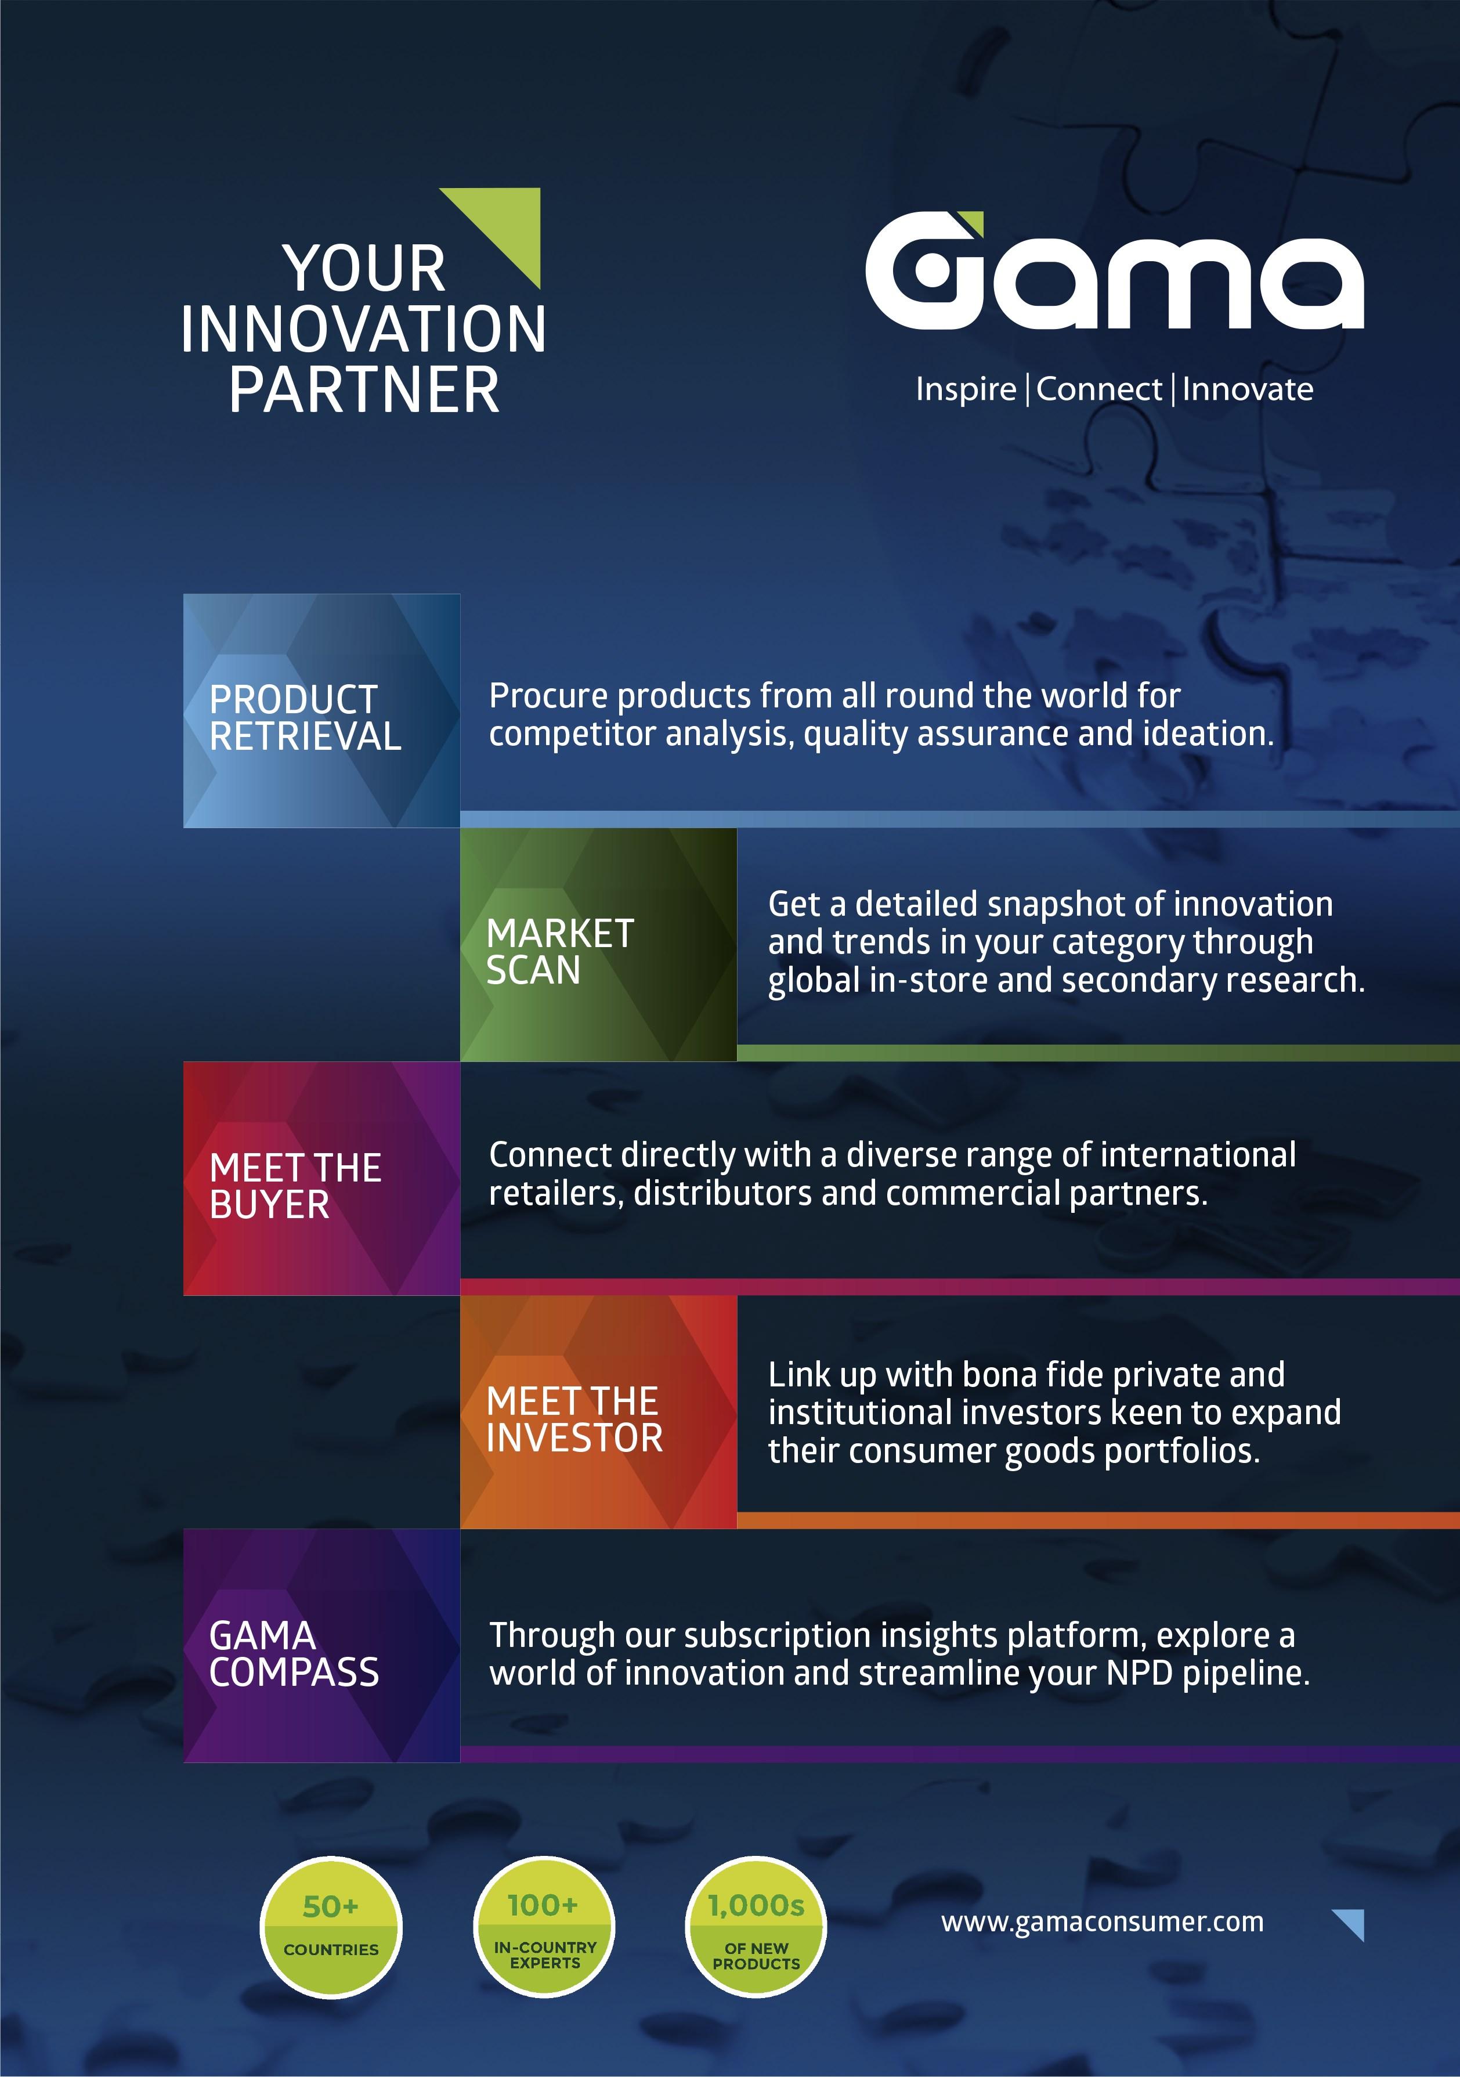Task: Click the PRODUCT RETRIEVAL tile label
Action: [305, 717]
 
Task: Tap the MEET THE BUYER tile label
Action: [295, 1186]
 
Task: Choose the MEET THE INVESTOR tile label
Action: [574, 1419]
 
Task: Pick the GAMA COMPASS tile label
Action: [294, 1653]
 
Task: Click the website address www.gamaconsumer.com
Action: [1102, 1922]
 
